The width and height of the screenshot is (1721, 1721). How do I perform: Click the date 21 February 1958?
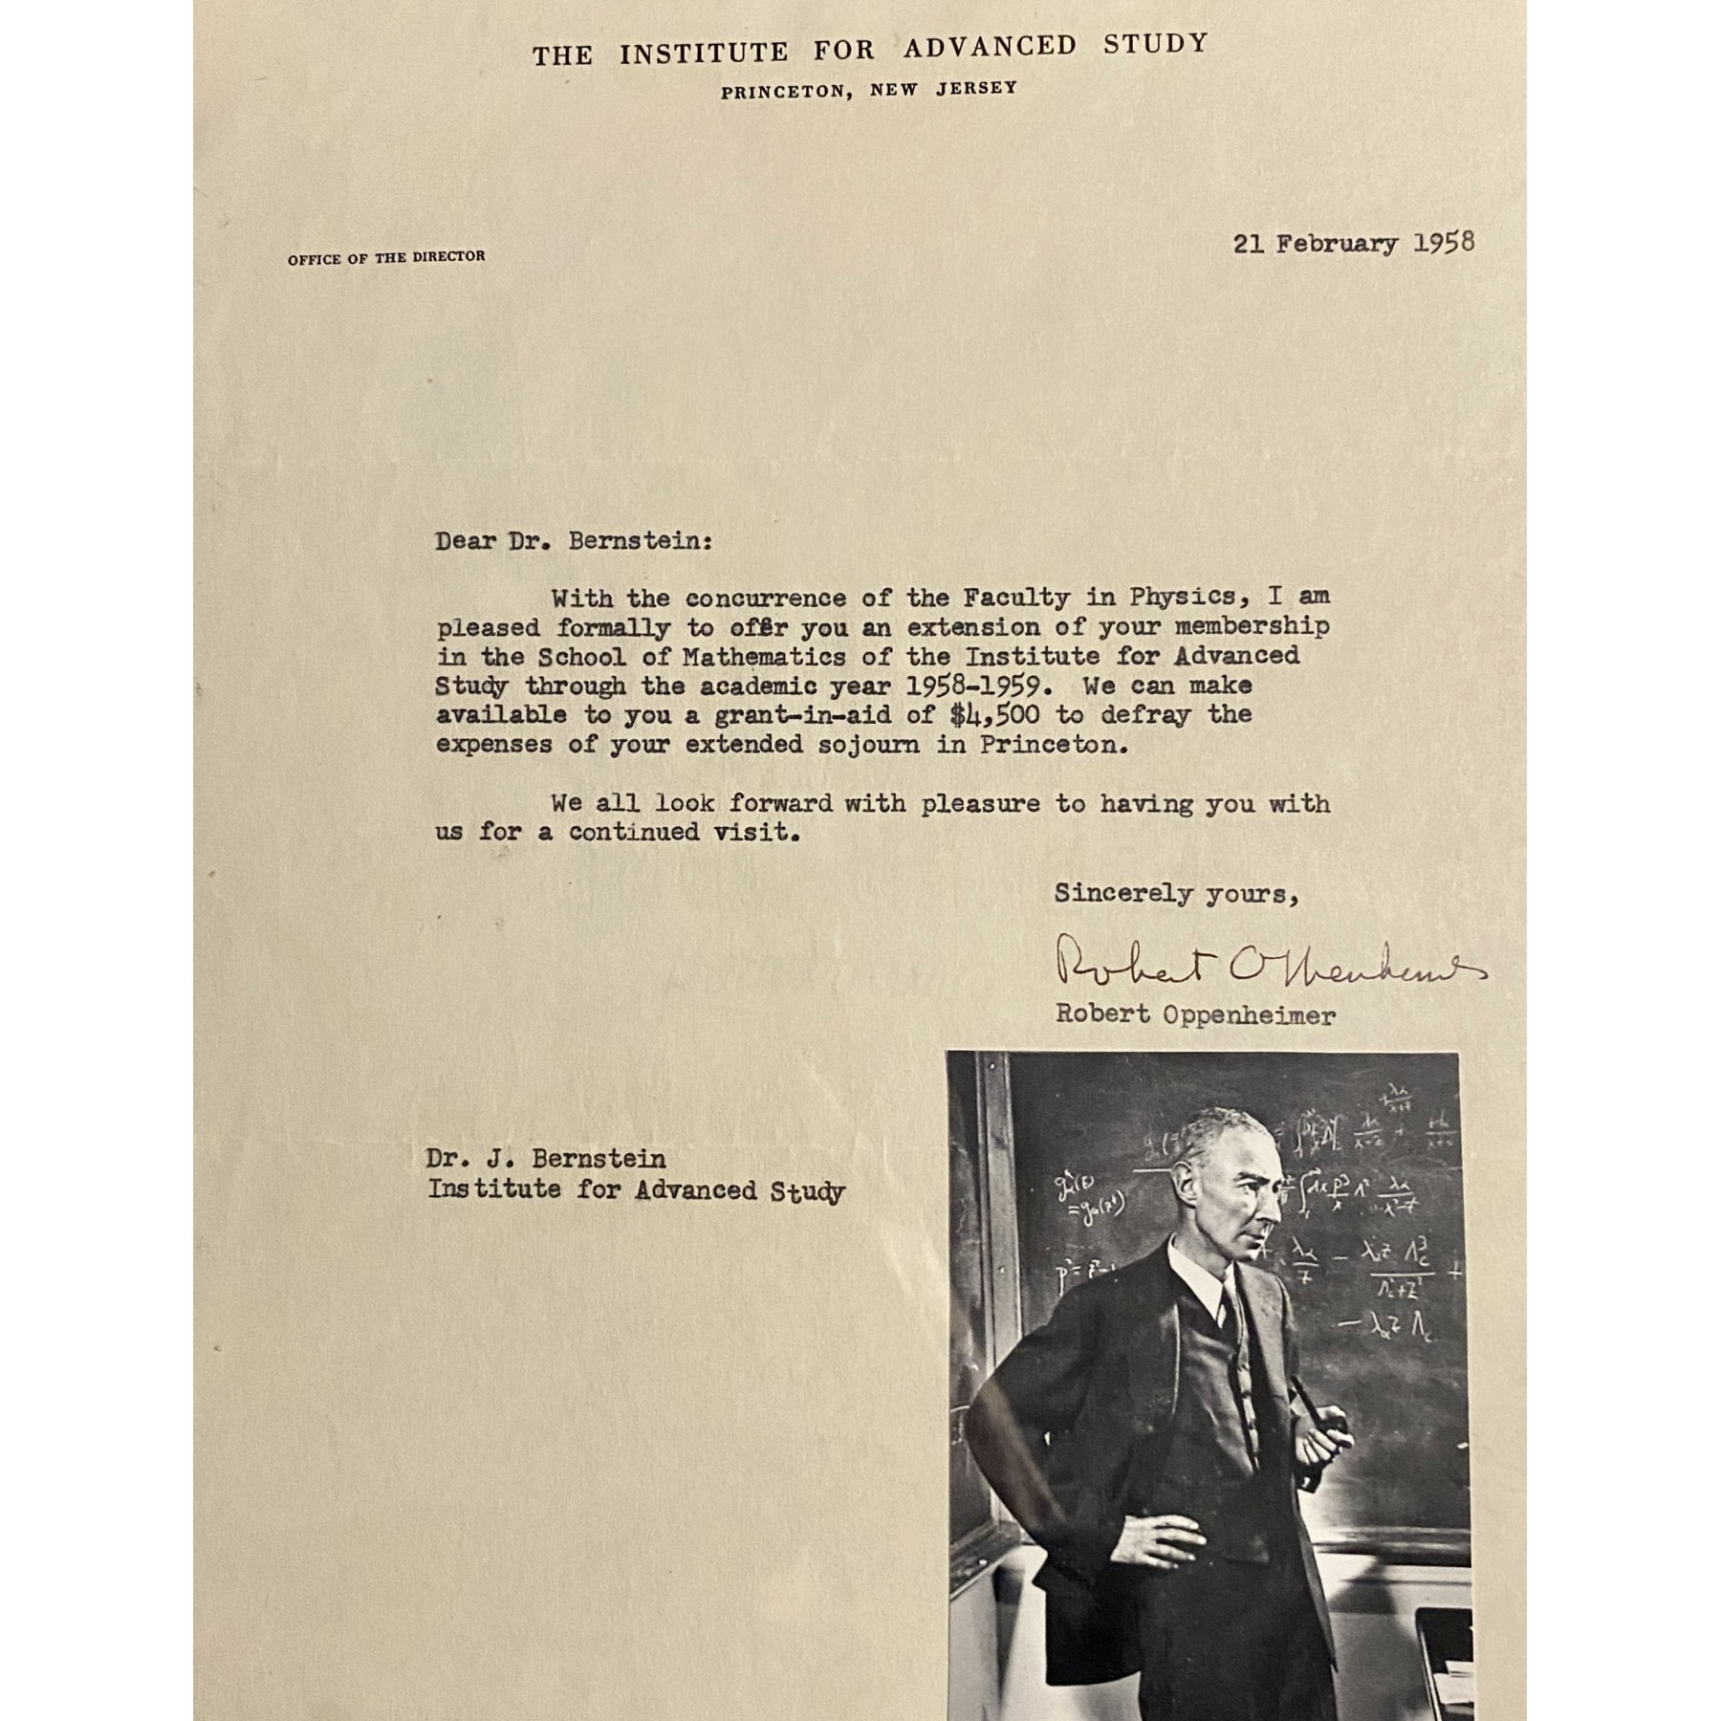(x=1353, y=243)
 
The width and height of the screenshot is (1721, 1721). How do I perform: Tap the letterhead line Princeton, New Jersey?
(x=868, y=90)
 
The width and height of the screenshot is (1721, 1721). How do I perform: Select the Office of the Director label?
(x=386, y=257)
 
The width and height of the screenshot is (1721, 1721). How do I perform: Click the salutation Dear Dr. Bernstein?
(x=574, y=541)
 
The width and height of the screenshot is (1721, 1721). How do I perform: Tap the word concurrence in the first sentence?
(x=766, y=599)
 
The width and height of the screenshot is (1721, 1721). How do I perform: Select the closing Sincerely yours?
(x=1176, y=894)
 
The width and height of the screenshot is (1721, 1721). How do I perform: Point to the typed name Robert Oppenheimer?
(x=1195, y=1014)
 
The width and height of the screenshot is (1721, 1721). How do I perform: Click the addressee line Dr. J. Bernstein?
(x=545, y=1159)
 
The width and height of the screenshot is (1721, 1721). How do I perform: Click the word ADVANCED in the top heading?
(x=990, y=46)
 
